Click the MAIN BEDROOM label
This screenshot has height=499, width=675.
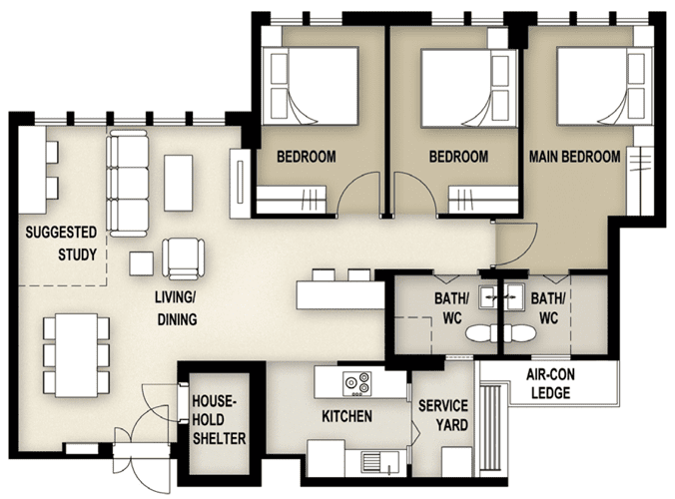pos(574,157)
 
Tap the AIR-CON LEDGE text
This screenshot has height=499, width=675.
pos(550,383)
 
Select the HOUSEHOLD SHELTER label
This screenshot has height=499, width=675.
pos(219,420)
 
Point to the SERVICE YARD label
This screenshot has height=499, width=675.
pos(443,415)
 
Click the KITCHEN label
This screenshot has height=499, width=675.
pos(346,416)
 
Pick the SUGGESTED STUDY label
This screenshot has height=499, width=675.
pos(61,244)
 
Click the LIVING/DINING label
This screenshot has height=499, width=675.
pos(177,308)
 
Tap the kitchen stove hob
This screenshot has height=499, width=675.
pos(357,383)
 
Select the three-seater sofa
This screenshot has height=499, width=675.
pos(128,184)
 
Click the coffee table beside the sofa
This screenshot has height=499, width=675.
pos(178,183)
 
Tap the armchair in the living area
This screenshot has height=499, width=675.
pos(183,258)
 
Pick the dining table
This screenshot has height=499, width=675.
pos(77,355)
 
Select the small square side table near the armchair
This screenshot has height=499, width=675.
pos(141,263)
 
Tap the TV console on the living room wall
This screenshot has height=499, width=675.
pos(240,184)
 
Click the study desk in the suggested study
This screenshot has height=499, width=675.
pos(32,170)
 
